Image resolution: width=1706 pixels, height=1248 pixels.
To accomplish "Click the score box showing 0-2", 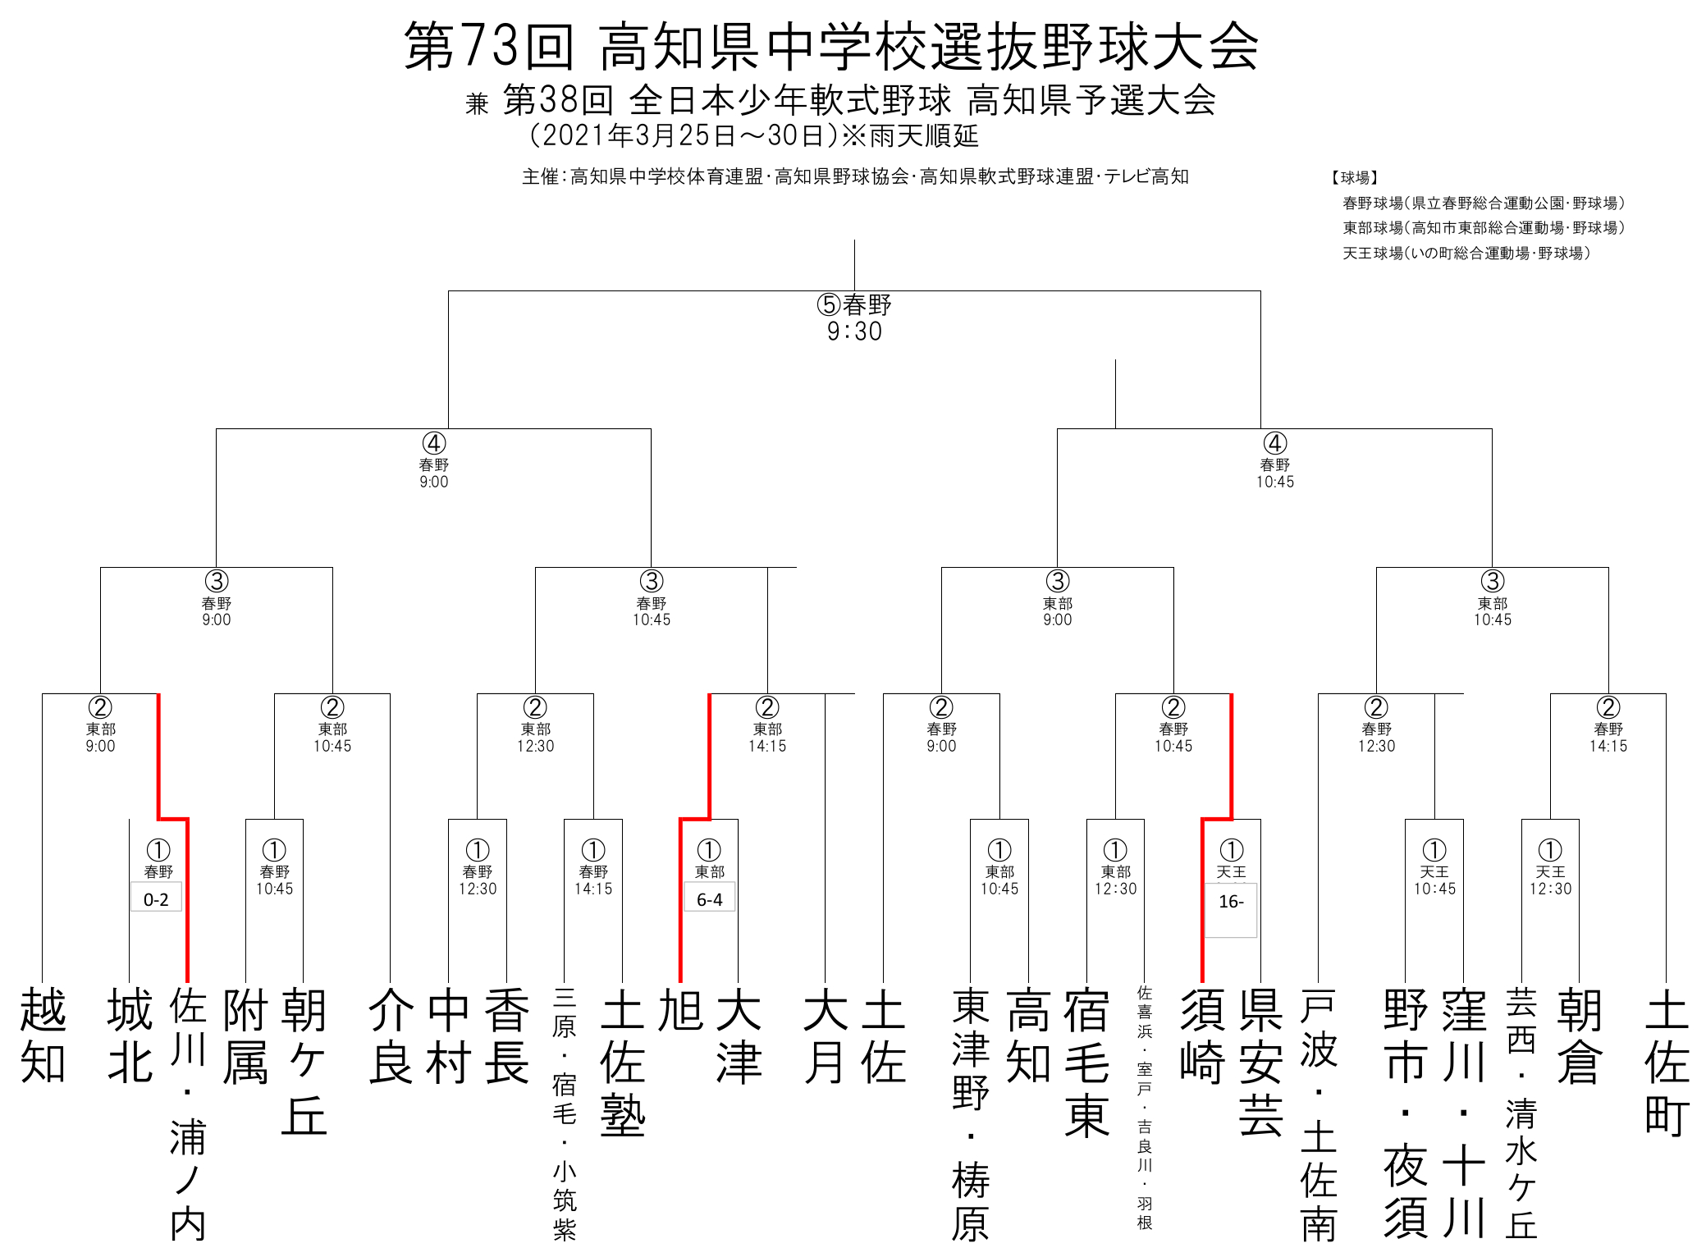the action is [x=156, y=896].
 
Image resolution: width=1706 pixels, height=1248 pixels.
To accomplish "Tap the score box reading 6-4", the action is [x=710, y=896].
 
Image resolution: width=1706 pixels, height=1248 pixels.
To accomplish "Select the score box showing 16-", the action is [x=1231, y=910].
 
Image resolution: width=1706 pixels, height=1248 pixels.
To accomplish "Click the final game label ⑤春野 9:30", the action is [x=854, y=318].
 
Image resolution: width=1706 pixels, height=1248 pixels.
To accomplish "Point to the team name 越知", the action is [x=43, y=1035].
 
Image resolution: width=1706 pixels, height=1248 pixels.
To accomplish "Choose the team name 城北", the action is [x=130, y=1035].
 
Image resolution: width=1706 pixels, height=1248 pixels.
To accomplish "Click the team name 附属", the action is [x=245, y=1035].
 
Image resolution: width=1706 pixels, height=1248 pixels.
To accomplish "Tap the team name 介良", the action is [x=391, y=1035].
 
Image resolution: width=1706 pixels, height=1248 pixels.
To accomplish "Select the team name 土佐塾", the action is [x=623, y=1062].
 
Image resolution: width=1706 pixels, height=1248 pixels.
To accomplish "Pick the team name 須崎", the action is [x=1202, y=1035].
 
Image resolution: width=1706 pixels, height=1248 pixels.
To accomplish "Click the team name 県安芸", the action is [x=1260, y=1062].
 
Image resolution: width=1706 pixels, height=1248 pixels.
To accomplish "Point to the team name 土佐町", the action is [x=1667, y=1062].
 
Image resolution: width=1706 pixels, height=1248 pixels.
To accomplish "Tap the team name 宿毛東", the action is [x=1086, y=1062].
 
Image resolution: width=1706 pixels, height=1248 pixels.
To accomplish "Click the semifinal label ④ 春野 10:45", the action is [x=1274, y=460].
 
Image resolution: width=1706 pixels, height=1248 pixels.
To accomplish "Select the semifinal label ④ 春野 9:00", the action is [x=434, y=460].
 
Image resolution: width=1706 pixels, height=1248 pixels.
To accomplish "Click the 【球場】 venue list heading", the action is [x=1355, y=177].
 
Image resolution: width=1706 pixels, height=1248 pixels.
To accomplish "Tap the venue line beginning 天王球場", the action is [x=1466, y=253].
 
